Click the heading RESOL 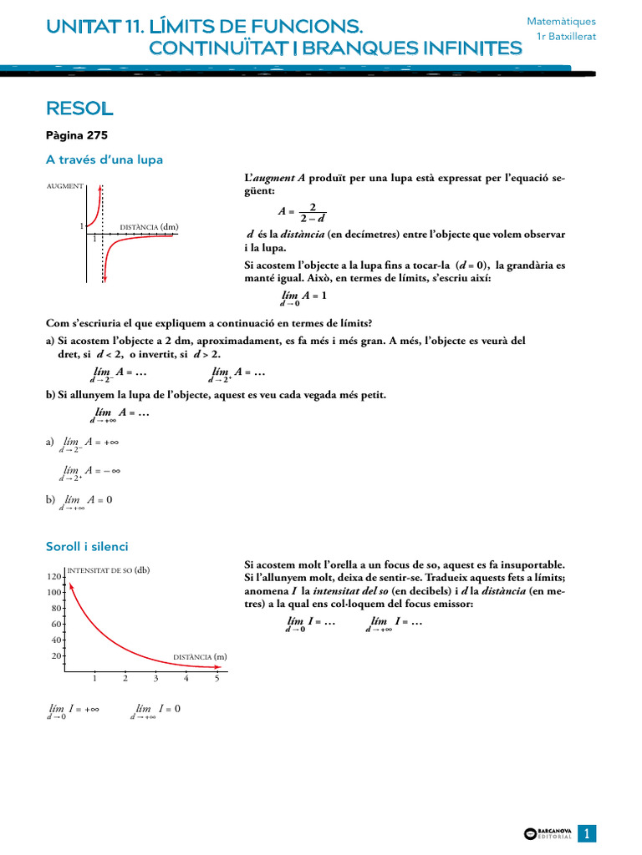point(79,109)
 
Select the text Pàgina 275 point(77,135)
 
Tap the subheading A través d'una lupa point(104,159)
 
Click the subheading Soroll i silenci point(87,546)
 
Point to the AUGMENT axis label point(64,186)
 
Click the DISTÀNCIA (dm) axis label point(149,226)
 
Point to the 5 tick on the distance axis point(217,678)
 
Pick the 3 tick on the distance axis point(155,678)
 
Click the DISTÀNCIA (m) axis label point(200,657)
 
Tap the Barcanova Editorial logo point(548,833)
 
